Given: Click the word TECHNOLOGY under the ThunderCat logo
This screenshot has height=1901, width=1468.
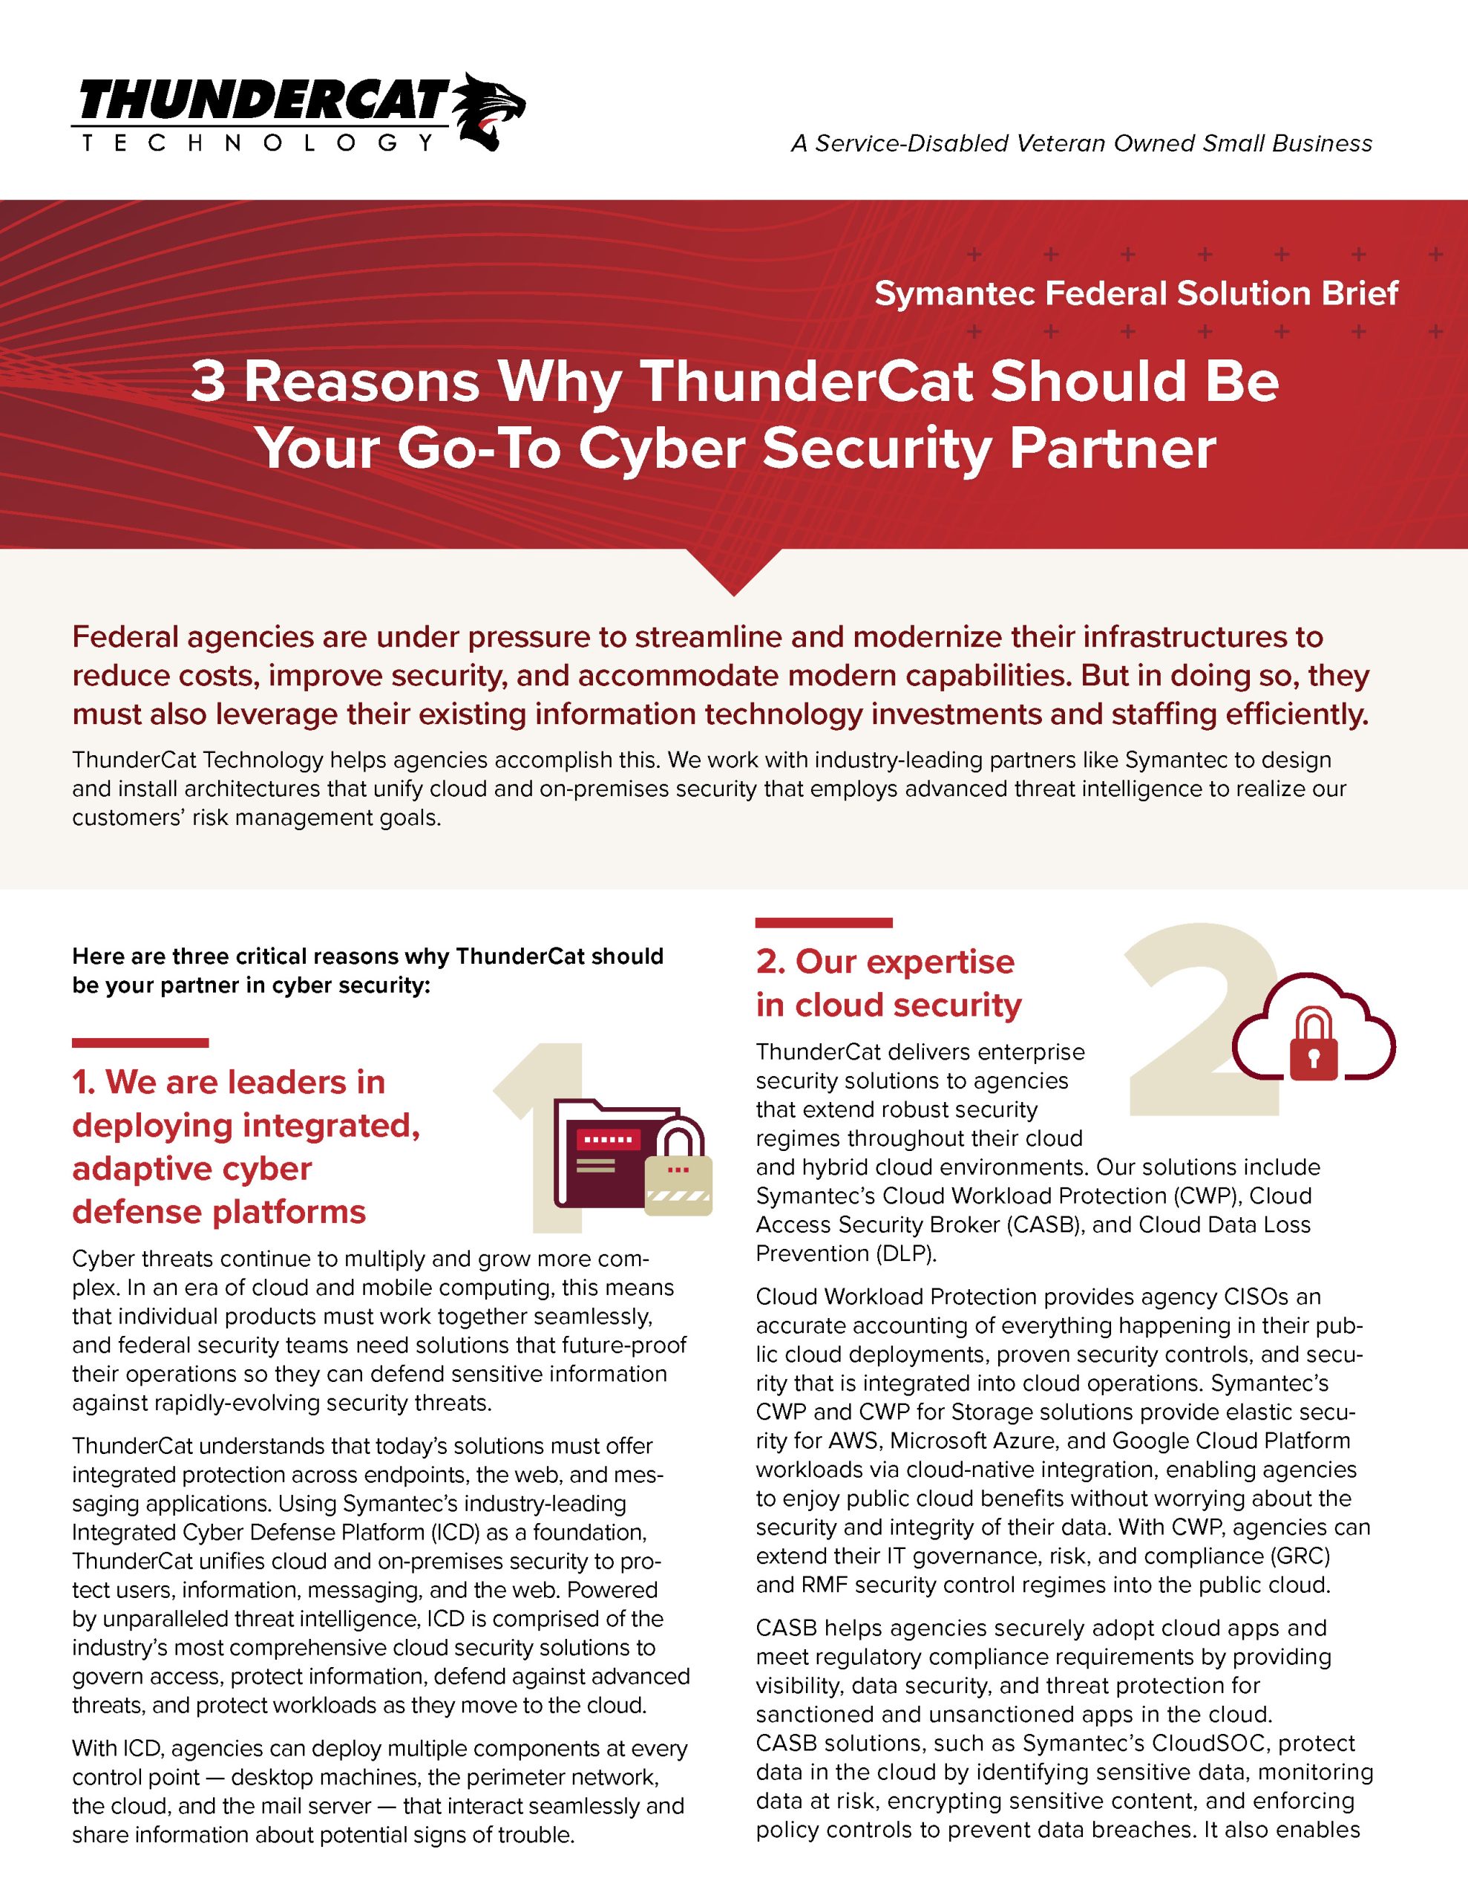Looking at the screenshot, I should pos(258,143).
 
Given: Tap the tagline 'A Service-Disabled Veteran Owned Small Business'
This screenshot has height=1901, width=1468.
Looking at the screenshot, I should pos(1081,143).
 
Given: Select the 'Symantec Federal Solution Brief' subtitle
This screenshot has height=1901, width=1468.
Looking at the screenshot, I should pos(1136,293).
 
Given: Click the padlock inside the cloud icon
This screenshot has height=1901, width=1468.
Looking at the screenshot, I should pos(1313,1045).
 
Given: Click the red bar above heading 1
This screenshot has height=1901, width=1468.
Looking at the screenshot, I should pos(140,1043).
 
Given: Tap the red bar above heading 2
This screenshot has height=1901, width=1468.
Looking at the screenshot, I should pos(823,922).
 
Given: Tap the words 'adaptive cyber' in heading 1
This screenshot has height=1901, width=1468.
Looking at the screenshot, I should pos(191,1169).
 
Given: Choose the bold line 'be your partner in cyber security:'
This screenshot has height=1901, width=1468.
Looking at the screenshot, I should pos(252,985).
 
